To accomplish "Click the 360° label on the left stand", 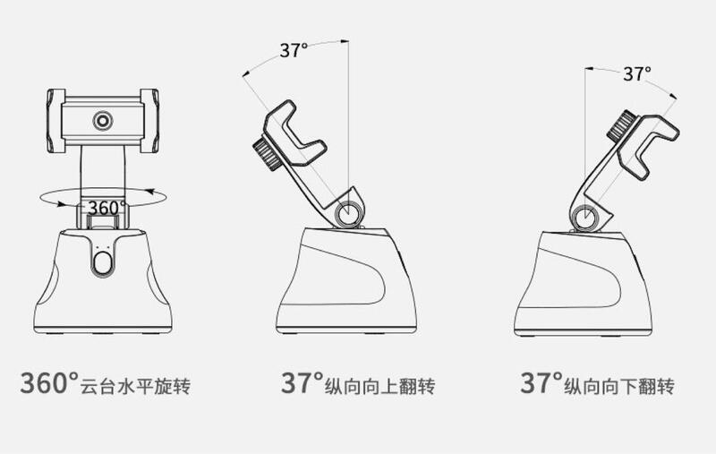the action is pos(107,209).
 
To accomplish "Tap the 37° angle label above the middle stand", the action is pos(294,50).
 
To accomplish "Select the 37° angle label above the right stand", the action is pos(637,73).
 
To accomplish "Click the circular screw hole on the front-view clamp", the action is pos(103,121).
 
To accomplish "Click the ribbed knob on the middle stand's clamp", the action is pos(266,155).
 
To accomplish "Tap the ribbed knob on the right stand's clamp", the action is pos(622,125).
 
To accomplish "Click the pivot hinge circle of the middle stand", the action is pos(348,213).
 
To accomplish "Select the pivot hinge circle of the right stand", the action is pos(585,218).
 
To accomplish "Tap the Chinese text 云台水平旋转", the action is pos(135,387).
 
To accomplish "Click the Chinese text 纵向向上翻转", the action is pos(379,387).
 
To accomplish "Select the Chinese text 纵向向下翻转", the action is pos(619,387).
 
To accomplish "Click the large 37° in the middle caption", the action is pos(303,383).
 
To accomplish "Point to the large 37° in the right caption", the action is pos(541,383).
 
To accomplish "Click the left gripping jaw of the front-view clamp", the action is pos(56,121).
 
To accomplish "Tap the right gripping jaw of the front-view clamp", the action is pos(149,121).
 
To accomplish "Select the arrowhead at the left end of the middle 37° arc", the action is pos(246,73).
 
